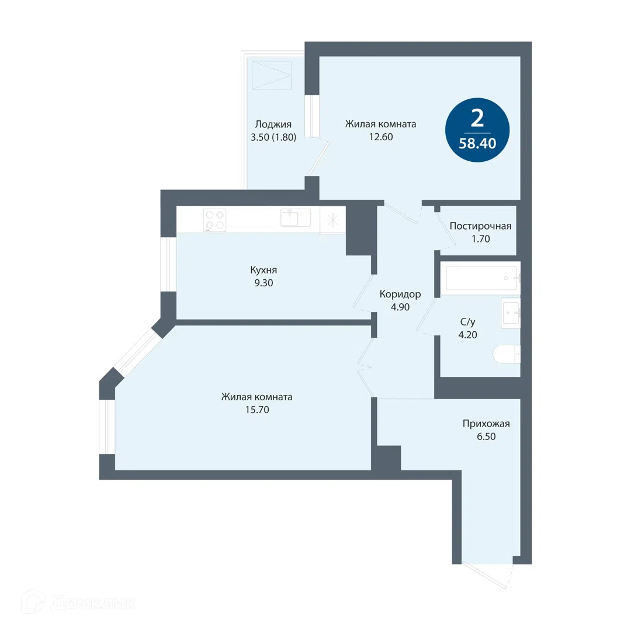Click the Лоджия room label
point(273,125)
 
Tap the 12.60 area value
point(381,137)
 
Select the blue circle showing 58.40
point(477,130)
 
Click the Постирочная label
point(480,226)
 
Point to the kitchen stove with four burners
point(214,220)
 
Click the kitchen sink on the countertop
point(296,217)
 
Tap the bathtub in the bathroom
point(481,278)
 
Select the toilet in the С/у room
point(507,354)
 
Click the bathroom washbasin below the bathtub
point(511,312)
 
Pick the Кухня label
point(264,269)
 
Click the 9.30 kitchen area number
point(264,283)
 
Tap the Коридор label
point(400,294)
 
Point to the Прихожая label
point(486,424)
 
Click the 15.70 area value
point(257,410)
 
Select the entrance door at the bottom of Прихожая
point(487,575)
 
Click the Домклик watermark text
point(93,603)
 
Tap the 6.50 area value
point(486,436)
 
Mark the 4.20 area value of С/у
point(467,335)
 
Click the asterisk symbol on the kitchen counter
point(333,220)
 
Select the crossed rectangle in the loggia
point(272,75)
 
